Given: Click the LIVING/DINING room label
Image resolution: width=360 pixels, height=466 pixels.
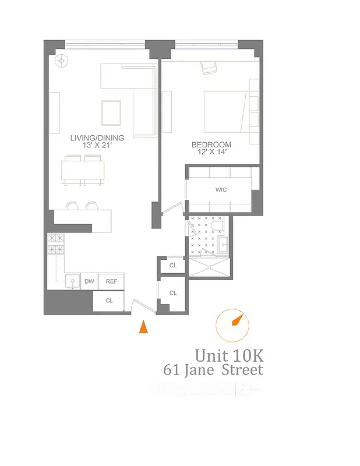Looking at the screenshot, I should coord(97,137).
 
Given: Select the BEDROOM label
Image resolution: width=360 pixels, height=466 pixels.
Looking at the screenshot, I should coord(211,144).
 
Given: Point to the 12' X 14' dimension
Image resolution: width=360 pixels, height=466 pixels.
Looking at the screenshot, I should coord(211,152).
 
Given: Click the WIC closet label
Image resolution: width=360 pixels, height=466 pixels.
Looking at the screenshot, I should coord(221,190).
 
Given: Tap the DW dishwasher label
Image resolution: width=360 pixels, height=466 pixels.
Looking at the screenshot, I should coord(89,282).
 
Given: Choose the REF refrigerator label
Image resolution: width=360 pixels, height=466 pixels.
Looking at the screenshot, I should coord(111,282).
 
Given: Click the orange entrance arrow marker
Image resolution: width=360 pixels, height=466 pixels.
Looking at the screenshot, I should coord(143,327).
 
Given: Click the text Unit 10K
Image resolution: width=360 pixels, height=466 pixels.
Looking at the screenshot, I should coord(224,355).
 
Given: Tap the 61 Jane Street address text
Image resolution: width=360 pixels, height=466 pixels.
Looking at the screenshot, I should coord(213,370).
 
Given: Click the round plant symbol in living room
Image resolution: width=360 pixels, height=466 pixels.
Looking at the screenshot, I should coord(61,60).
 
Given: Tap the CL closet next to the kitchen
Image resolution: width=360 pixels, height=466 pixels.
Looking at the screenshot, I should coord(109,301).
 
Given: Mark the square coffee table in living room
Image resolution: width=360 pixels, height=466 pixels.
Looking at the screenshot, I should coord(111,112).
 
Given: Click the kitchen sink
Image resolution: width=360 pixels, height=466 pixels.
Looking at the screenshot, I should coord(72,281).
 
